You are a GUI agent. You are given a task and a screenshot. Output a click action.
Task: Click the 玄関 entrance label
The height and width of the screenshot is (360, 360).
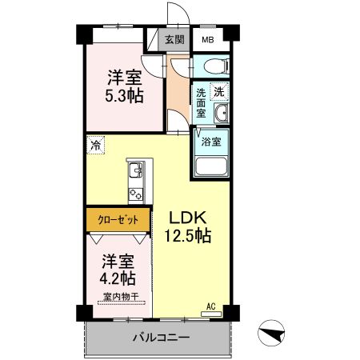pos(174,39)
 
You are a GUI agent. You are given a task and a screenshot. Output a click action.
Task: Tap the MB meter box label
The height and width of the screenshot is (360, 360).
pos(207,39)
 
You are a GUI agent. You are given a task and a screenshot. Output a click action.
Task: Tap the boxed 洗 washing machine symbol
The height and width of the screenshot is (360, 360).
pos(218,92)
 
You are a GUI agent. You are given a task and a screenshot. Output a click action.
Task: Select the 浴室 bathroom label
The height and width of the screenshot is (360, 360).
pos(211,143)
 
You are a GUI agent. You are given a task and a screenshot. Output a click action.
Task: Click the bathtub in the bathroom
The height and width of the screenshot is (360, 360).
pos(213,168)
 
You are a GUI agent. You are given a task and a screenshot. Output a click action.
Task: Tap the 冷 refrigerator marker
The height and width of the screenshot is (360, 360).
pos(96,146)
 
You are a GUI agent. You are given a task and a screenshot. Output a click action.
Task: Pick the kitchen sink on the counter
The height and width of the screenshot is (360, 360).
pos(134,170)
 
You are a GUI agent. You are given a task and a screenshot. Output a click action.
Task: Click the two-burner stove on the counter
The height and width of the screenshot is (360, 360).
pos(134,192)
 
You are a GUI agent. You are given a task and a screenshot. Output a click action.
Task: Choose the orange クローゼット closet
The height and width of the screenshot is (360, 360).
pos(118,218)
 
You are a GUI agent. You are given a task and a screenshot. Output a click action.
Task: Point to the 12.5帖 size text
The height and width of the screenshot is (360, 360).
pos(188,236)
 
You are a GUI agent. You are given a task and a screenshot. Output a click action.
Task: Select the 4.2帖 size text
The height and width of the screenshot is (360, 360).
pos(118,278)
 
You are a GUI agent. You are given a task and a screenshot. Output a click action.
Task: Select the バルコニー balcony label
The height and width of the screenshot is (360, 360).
pos(161,338)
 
